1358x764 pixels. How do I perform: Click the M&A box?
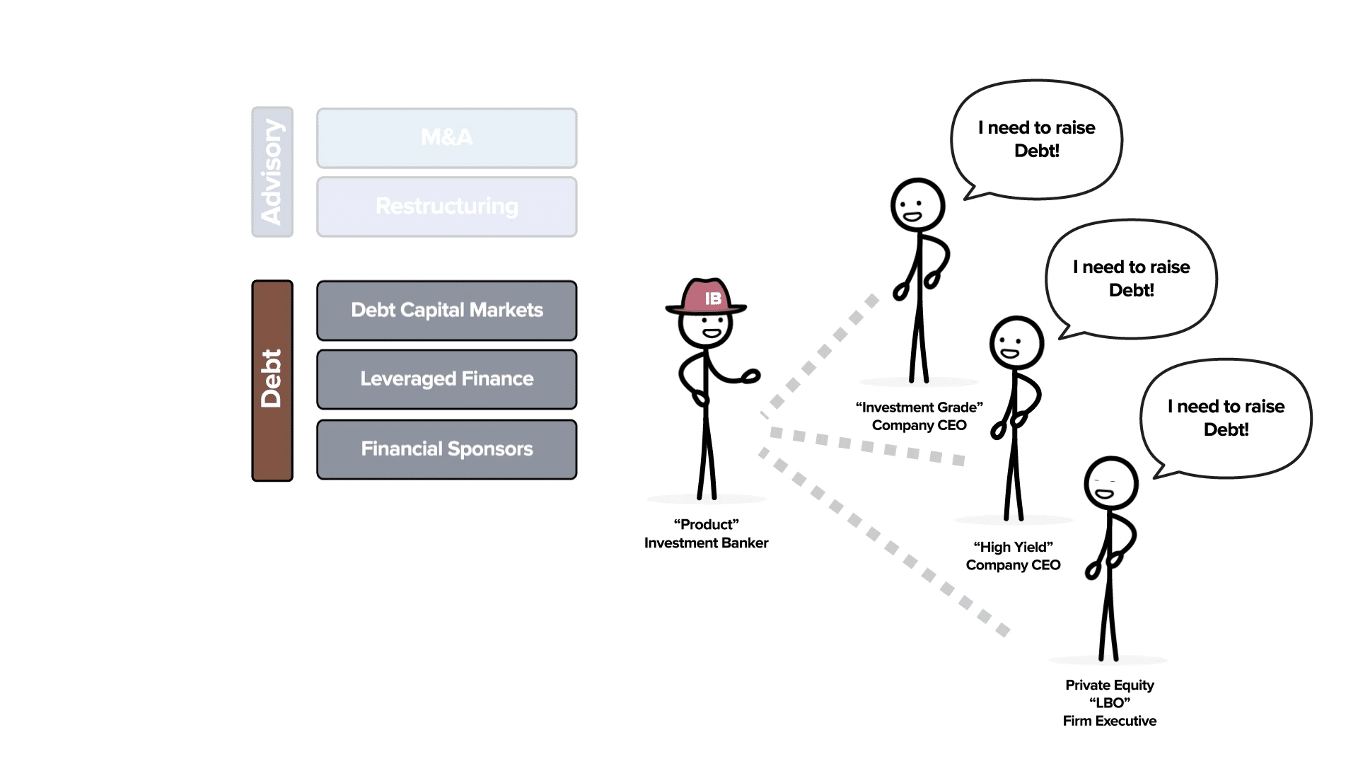(446, 138)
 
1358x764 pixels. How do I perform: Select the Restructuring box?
(446, 207)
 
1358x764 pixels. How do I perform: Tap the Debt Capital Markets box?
(446, 311)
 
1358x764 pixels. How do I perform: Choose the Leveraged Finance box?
(446, 379)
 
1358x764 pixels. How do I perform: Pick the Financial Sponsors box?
(446, 449)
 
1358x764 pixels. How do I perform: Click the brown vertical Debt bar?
(272, 381)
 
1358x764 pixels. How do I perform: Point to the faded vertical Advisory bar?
(272, 172)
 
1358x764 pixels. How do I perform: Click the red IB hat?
(706, 296)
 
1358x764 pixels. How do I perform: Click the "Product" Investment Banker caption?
(706, 533)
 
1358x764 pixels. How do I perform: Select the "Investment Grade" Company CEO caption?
(919, 416)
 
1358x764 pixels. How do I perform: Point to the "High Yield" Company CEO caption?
(1013, 555)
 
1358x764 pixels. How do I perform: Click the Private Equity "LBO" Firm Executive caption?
(1109, 702)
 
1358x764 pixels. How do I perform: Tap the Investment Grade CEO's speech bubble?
(1037, 139)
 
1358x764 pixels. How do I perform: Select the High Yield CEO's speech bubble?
(1131, 278)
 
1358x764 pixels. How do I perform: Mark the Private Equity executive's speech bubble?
(1226, 417)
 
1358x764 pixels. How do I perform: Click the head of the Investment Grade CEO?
(917, 205)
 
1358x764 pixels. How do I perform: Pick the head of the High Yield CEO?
(1016, 343)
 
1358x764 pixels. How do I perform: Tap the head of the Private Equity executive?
(1110, 483)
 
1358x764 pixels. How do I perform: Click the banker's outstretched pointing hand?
(750, 376)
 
